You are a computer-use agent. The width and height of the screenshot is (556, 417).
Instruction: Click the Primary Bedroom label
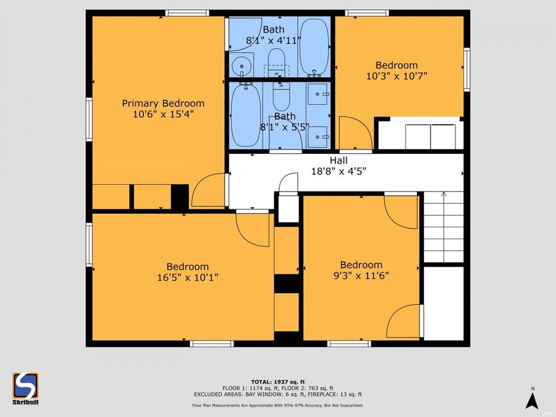[x=162, y=103]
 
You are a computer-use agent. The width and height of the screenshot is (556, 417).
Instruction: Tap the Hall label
[x=338, y=161]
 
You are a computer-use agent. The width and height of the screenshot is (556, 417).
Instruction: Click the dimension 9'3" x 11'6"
[x=361, y=276]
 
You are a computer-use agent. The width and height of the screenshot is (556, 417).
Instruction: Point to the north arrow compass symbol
[x=531, y=398]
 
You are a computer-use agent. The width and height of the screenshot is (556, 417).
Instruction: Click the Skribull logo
[x=25, y=389]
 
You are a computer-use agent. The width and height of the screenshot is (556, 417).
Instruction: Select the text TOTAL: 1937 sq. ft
[x=277, y=381]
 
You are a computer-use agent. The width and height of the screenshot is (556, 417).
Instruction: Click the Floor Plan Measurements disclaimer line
[x=277, y=405]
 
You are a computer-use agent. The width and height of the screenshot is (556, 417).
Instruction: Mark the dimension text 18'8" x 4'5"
[x=338, y=172]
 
